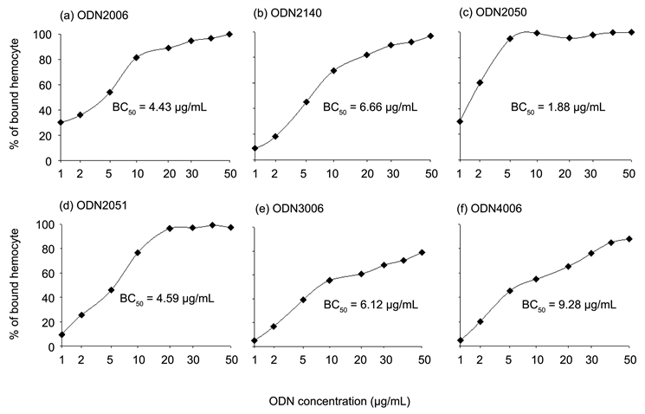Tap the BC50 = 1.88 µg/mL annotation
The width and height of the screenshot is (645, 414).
click(558, 108)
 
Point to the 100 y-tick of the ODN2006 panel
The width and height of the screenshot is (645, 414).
click(43, 35)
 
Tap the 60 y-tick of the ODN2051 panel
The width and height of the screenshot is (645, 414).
click(46, 274)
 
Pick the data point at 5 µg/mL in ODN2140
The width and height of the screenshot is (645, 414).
click(306, 102)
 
